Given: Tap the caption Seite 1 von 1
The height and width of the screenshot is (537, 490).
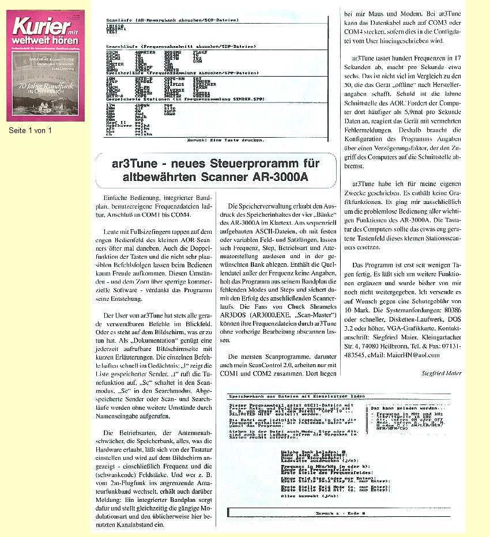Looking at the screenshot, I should [x=31, y=130].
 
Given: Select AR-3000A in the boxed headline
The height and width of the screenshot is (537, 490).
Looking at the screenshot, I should [x=280, y=177].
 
